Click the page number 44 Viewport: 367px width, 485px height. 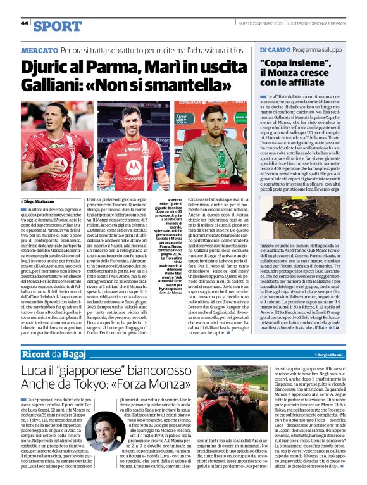25,23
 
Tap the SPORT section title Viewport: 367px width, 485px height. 58,25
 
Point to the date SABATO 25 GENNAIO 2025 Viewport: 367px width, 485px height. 252,23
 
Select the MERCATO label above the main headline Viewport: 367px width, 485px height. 39,49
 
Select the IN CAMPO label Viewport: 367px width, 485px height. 274,49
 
